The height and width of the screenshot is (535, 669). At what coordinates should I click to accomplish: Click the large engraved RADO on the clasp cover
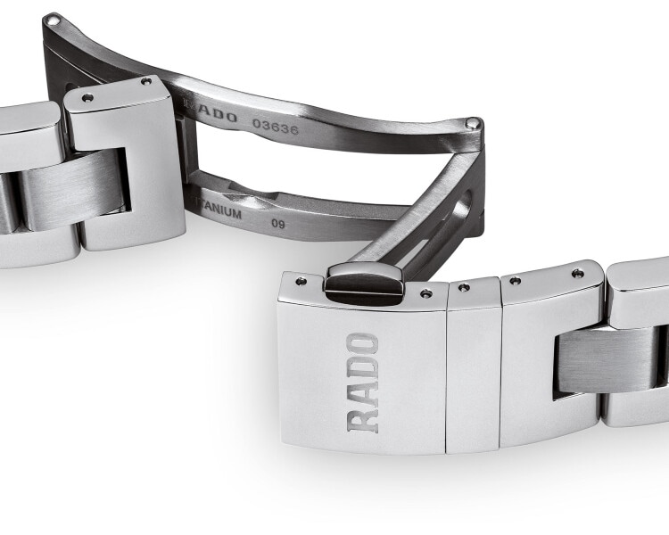(x=362, y=383)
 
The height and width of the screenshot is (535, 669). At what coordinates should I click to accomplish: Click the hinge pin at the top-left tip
(x=52, y=19)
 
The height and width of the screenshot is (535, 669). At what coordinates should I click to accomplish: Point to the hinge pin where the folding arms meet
(x=475, y=123)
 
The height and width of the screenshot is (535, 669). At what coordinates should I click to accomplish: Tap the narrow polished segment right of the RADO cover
(x=474, y=366)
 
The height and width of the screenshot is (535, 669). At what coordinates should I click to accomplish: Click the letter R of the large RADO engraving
(x=362, y=419)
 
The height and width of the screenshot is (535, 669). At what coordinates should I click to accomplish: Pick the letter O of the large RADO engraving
(x=363, y=344)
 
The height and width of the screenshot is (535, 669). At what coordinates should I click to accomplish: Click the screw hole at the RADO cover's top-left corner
(x=300, y=281)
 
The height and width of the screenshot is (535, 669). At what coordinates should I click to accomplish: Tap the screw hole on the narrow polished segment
(x=463, y=287)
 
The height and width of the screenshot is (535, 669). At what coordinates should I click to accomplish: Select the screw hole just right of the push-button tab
(x=426, y=292)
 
